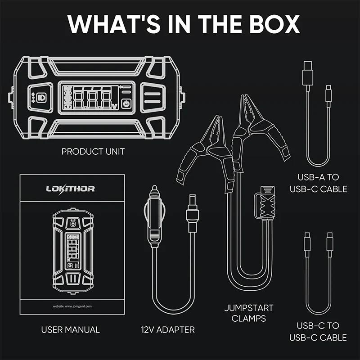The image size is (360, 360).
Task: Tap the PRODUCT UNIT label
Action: point(93,152)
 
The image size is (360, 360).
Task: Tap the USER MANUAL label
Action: point(70,330)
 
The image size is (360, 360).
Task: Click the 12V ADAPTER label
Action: point(167,330)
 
